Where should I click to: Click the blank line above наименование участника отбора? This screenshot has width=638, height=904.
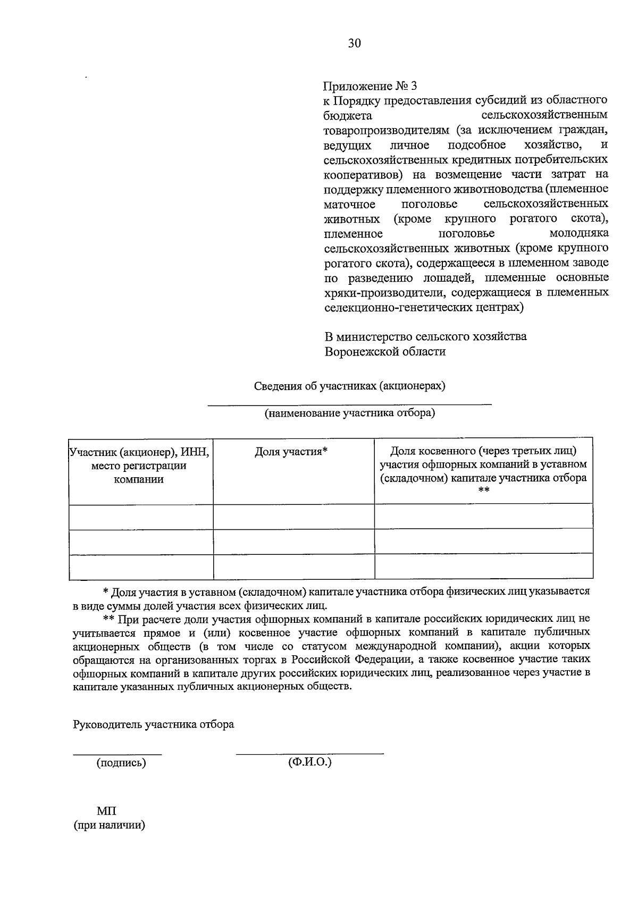point(349,405)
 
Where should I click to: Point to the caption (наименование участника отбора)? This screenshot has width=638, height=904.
point(349,413)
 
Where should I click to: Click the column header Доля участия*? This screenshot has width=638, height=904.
point(291,452)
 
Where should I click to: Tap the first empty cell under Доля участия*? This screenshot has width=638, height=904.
point(293,517)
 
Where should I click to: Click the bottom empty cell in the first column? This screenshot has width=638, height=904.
point(141,566)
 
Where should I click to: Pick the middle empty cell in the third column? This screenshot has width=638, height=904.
point(483,541)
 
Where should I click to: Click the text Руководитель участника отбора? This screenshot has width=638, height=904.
point(153,725)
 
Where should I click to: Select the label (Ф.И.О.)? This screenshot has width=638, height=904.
point(309,762)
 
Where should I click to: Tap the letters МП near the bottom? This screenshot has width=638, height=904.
point(106,812)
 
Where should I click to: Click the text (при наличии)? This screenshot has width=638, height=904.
point(110,826)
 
